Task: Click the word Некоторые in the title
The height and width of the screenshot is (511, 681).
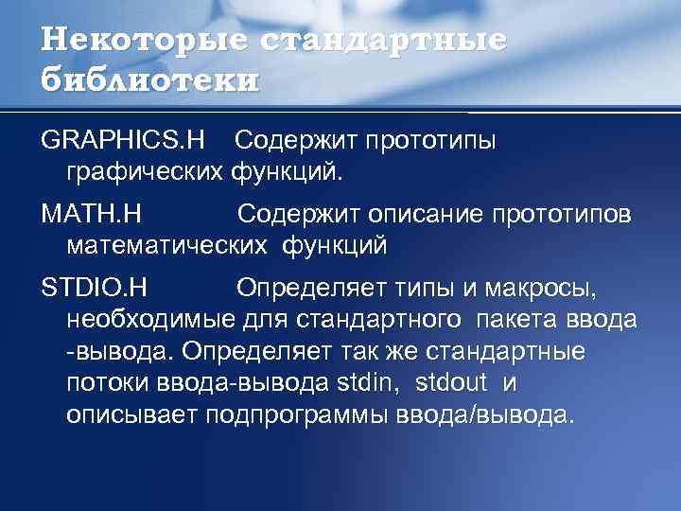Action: point(141,41)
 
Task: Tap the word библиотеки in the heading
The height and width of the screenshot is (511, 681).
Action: point(149,79)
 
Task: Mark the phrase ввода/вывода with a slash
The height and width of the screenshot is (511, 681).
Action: point(483,416)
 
